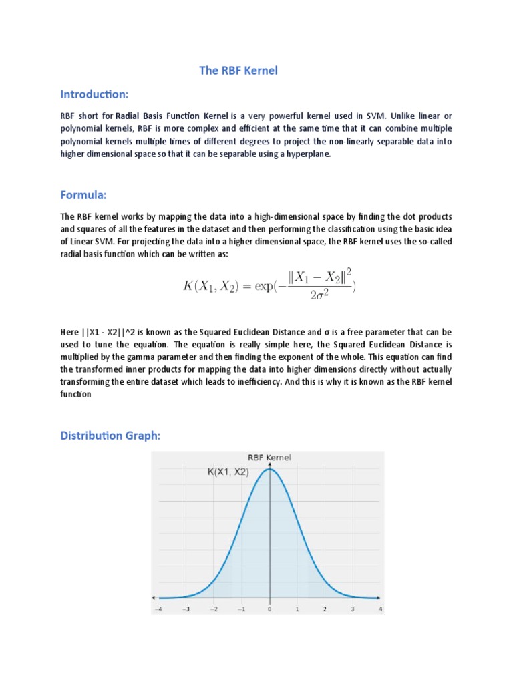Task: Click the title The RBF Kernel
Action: [x=238, y=71]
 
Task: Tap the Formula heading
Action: [x=83, y=194]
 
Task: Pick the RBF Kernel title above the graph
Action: [x=269, y=458]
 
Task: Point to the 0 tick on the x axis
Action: [x=269, y=609]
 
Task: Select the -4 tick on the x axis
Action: [x=158, y=609]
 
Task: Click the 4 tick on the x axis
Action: [x=380, y=609]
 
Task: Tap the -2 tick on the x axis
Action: [x=213, y=609]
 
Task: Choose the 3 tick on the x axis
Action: [x=353, y=609]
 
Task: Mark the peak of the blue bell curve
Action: [x=269, y=469]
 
